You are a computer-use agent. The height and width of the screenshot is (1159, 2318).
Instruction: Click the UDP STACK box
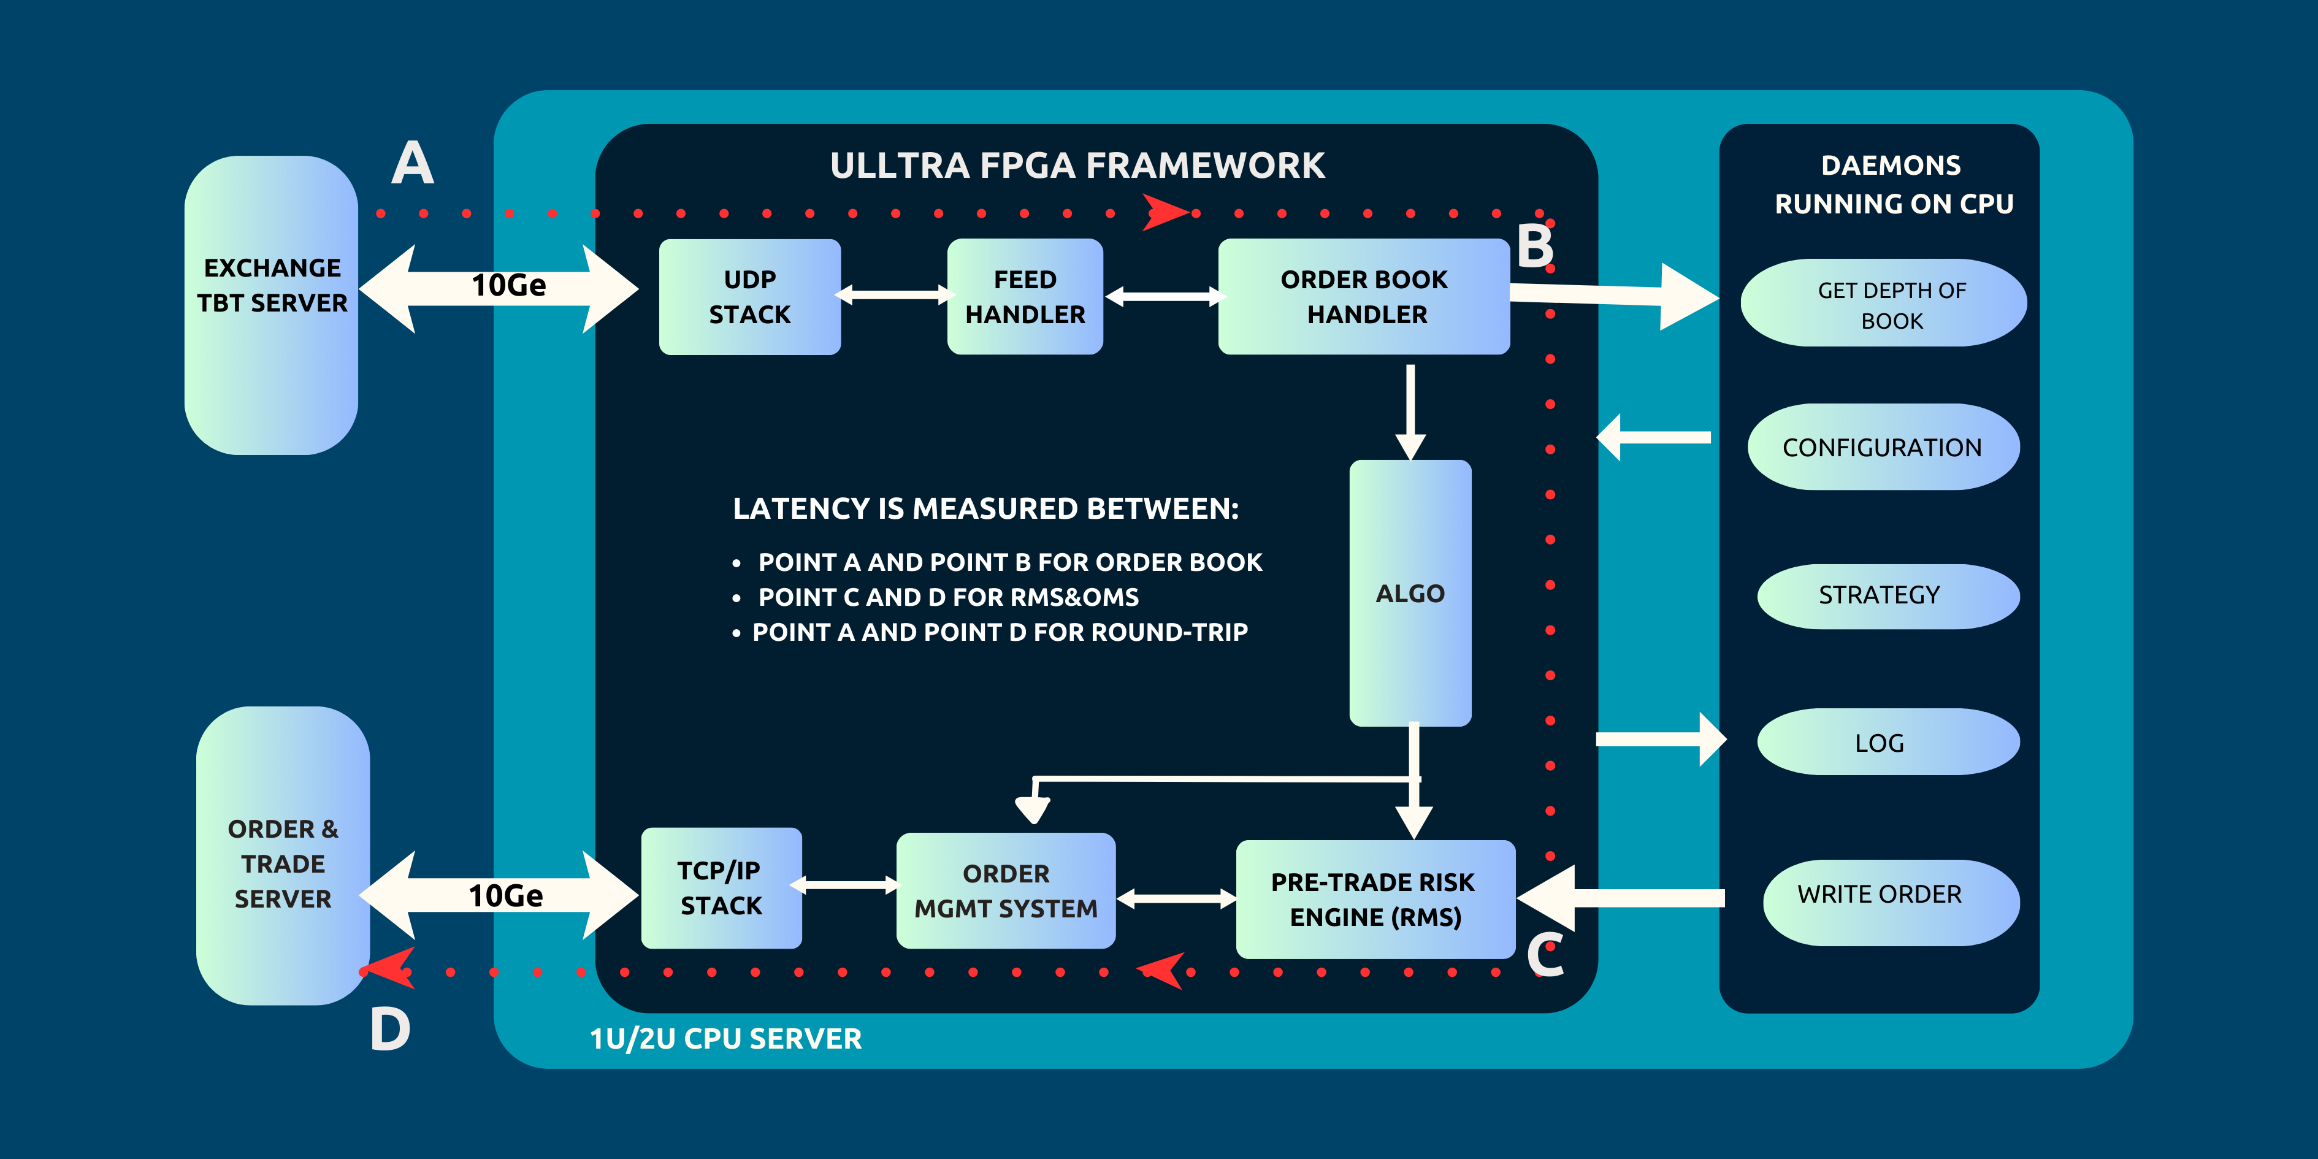tap(749, 297)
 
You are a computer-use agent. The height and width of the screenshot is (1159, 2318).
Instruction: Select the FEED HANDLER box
tap(1025, 297)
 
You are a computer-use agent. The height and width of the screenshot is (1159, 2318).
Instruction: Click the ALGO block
tap(1410, 593)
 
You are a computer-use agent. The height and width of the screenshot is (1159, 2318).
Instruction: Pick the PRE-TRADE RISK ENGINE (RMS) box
tap(1374, 899)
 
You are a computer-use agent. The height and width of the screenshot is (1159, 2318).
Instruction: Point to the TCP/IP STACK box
tap(721, 888)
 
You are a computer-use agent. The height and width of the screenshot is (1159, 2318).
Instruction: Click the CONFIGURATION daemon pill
tap(1883, 447)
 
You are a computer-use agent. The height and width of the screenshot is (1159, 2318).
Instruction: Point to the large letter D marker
tap(389, 1030)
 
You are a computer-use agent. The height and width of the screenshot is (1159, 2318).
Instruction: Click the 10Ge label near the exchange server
tap(508, 285)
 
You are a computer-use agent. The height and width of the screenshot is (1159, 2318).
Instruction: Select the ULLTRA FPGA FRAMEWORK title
tap(1077, 166)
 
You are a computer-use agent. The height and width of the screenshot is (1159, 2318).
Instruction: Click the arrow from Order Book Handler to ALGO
tap(1410, 410)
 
